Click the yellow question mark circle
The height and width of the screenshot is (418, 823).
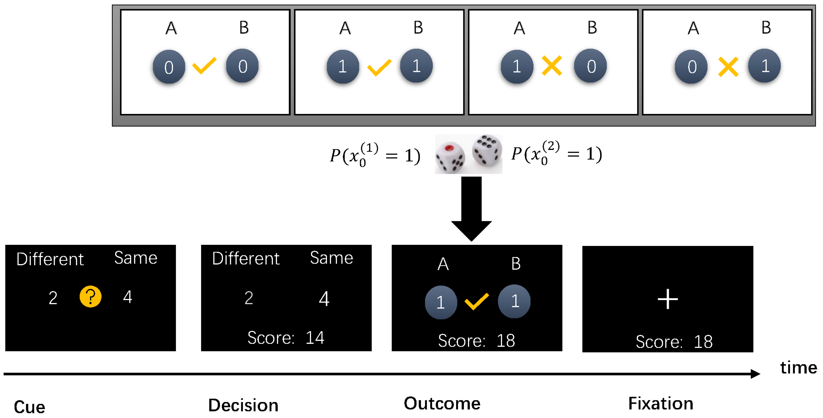click(x=90, y=297)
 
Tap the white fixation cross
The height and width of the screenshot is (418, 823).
click(x=667, y=299)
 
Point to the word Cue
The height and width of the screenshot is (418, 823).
click(x=29, y=407)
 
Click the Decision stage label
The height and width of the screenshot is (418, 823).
click(x=243, y=405)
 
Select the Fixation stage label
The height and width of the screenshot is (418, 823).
click(x=660, y=403)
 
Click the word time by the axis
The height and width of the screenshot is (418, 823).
click(x=798, y=367)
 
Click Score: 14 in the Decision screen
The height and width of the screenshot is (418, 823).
click(x=286, y=338)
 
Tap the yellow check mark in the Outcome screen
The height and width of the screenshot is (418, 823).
click(x=476, y=301)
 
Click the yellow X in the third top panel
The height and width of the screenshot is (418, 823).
click(x=552, y=66)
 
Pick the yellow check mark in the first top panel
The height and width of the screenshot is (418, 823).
click(x=204, y=66)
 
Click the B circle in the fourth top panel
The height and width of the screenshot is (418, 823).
click(x=764, y=66)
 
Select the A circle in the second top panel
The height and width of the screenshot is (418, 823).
click(x=343, y=66)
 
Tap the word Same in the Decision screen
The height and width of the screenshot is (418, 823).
click(x=331, y=258)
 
